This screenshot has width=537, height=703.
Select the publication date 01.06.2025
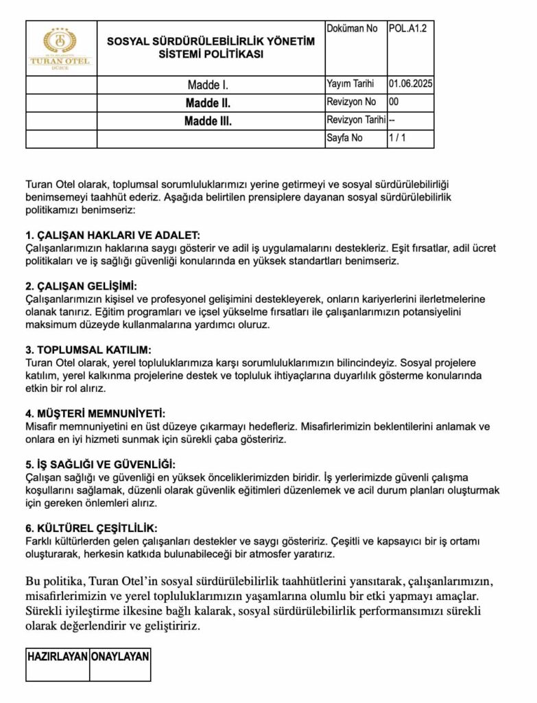[x=410, y=84]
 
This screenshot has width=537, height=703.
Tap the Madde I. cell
[x=208, y=86]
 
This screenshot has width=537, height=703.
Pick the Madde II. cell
[x=208, y=104]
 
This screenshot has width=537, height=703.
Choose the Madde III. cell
[x=208, y=122]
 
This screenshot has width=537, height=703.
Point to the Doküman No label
[x=352, y=29]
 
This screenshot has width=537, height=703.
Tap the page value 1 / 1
[x=398, y=138]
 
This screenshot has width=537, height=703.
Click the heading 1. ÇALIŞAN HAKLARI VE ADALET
[x=112, y=235]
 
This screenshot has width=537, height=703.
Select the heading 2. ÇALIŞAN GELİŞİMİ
[x=82, y=286]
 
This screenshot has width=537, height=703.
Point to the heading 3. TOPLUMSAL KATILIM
[x=88, y=349]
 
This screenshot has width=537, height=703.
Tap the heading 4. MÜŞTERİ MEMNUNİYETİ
[x=96, y=413]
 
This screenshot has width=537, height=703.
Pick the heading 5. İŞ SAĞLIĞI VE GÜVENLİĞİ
[x=101, y=464]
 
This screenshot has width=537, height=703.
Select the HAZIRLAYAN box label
[x=58, y=656]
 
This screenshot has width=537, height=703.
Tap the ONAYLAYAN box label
[x=120, y=656]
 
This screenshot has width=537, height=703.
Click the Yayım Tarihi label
[x=350, y=84]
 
